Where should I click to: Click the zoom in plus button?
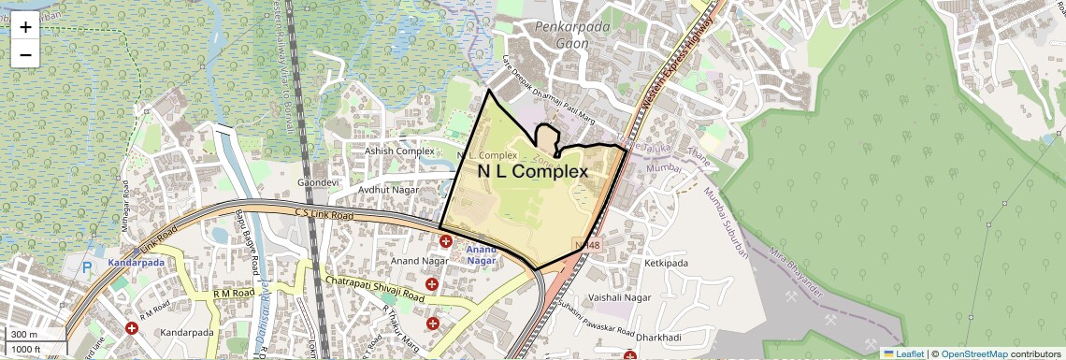pos(25,27)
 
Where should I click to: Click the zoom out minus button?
pos(25,54)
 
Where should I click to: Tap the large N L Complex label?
pos(533,172)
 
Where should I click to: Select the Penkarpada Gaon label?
pos(571,36)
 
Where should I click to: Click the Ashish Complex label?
pos(400,151)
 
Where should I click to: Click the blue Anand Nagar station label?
pos(483,255)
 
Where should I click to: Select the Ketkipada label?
pos(666,264)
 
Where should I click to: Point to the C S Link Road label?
pos(324,215)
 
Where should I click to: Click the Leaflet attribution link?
pos(902,353)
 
